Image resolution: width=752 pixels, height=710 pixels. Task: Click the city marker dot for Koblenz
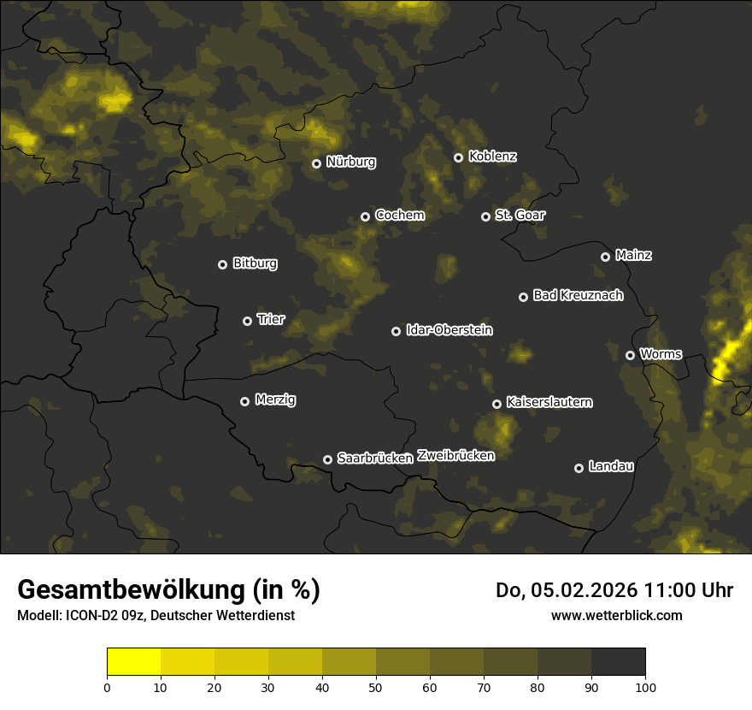point(458,157)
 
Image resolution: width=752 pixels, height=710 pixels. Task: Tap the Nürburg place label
point(350,162)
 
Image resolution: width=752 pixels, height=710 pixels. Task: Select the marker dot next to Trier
point(247,321)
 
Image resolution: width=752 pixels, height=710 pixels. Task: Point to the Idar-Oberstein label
point(449,329)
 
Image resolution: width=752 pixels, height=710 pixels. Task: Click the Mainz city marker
point(605,257)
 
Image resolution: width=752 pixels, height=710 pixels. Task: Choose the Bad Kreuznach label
point(578,295)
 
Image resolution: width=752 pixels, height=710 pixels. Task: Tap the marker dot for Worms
point(630,355)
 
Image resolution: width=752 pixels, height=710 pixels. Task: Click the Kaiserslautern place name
point(549,402)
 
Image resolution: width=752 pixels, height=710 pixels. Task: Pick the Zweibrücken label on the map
point(455,455)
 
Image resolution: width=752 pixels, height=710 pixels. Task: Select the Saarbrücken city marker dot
point(327,459)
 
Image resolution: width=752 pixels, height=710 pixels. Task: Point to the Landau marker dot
point(579,468)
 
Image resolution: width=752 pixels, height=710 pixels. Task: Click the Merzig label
point(275,399)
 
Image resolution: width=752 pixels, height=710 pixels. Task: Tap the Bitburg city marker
point(222,264)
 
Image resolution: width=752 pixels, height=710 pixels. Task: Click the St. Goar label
point(520,215)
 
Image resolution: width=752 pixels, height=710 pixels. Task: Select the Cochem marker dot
point(365,216)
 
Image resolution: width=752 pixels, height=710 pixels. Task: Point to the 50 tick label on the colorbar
point(376,687)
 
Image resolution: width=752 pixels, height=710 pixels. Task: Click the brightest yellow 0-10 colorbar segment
point(133,662)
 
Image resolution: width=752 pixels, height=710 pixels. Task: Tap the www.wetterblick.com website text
point(616,615)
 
